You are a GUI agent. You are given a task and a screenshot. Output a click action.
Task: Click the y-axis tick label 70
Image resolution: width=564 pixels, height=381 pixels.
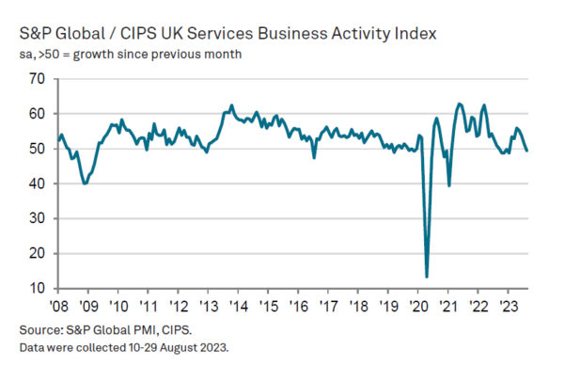click(39, 79)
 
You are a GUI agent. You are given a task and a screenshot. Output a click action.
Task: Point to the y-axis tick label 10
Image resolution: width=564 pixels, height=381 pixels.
click(39, 288)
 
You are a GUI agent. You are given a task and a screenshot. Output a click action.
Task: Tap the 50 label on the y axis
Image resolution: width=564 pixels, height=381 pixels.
click(39, 149)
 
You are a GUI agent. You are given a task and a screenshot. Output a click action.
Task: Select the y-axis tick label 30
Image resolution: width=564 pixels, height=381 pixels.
click(39, 218)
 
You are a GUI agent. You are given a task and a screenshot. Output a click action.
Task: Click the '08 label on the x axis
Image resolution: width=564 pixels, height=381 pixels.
click(58, 306)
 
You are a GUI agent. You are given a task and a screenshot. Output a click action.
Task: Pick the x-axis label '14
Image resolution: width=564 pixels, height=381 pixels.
click(239, 306)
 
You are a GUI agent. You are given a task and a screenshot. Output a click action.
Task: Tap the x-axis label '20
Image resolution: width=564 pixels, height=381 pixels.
click(419, 306)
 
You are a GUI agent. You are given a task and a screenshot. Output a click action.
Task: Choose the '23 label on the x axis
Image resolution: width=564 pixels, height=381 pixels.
click(509, 306)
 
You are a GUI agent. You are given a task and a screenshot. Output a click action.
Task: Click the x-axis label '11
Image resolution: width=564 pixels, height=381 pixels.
click(149, 306)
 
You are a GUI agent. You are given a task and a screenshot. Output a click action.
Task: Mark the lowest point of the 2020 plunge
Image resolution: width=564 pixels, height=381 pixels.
click(427, 277)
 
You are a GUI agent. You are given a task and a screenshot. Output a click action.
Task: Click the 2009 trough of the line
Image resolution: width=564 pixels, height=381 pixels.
click(86, 183)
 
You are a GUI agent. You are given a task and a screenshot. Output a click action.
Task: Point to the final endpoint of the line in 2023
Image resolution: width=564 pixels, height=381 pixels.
click(526, 151)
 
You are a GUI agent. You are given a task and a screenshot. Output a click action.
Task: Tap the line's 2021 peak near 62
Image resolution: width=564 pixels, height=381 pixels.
click(459, 103)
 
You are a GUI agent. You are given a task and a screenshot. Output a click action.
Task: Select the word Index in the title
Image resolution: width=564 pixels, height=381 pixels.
click(415, 35)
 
